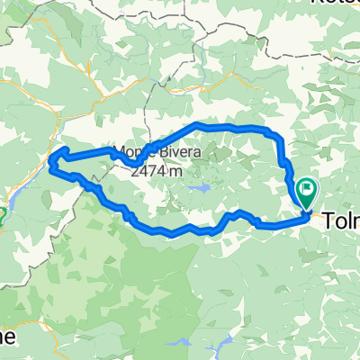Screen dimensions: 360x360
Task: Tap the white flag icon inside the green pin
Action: (x=307, y=189)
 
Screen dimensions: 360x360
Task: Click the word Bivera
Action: (x=167, y=152)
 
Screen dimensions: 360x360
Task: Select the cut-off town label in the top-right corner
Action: (x=334, y=3)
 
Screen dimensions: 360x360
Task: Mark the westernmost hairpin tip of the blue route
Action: (x=51, y=162)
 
